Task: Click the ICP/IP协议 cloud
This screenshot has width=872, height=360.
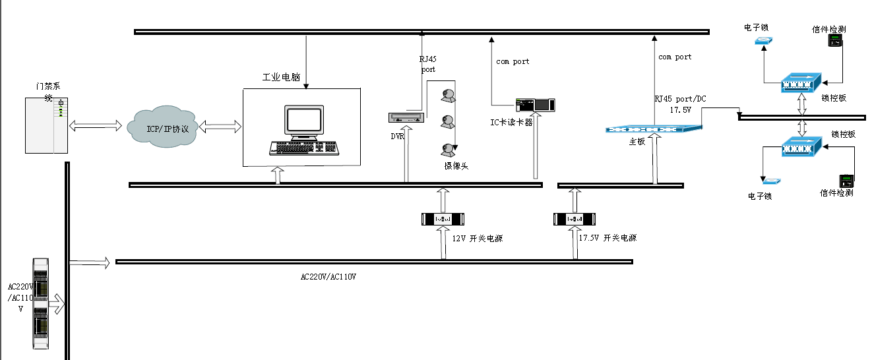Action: click(x=167, y=127)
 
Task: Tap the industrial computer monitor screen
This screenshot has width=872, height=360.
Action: click(x=304, y=121)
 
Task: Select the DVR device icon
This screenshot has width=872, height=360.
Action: click(x=404, y=118)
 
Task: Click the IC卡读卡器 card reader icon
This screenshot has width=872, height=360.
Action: click(x=535, y=104)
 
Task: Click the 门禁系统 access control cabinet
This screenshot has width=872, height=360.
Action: click(x=47, y=125)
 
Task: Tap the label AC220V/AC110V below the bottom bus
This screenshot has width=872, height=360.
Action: click(x=328, y=276)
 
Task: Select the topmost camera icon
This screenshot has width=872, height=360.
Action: click(x=449, y=96)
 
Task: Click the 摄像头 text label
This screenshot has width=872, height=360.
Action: click(x=456, y=167)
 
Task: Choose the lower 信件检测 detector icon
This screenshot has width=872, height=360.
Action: click(x=846, y=181)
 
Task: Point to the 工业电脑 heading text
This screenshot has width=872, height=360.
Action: click(x=281, y=77)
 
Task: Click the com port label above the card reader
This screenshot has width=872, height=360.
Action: click(x=513, y=61)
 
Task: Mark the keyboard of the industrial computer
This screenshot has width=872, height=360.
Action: click(x=303, y=148)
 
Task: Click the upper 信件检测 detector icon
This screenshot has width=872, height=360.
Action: click(x=836, y=42)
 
